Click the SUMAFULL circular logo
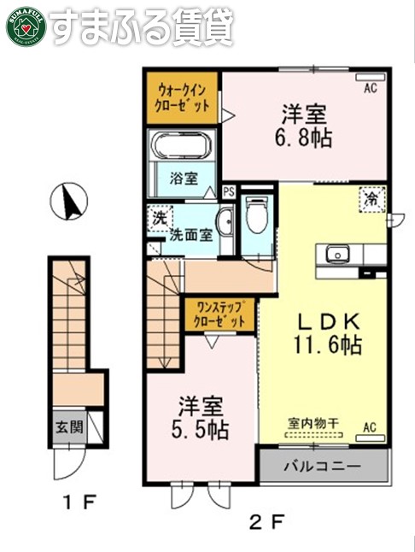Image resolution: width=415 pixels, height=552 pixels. tap(24, 25)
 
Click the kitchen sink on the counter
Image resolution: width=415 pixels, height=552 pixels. tap(335, 254)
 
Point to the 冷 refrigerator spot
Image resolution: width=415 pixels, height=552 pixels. tap(372, 200)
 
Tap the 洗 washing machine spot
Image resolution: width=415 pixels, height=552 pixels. tap(159, 217)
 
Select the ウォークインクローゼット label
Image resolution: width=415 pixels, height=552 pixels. tap(181, 99)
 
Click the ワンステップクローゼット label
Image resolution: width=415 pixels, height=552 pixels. tap(219, 314)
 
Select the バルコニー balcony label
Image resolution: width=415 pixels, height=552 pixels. tap(324, 467)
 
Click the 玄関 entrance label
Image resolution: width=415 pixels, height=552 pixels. tap(69, 426)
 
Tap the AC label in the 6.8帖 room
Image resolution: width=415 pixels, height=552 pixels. tap(371, 87)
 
